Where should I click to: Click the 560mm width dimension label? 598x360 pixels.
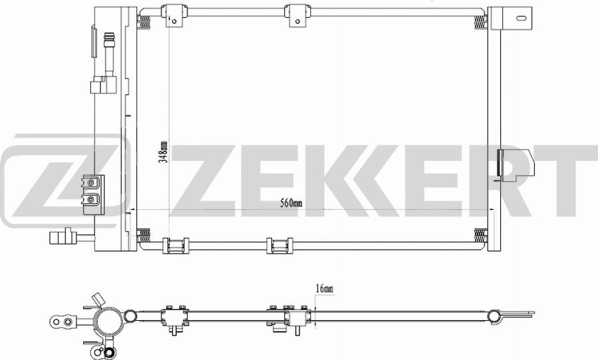[x=291, y=203]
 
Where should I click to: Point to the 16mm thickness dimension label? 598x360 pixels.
[x=324, y=288]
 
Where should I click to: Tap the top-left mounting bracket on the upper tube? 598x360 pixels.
[x=173, y=13]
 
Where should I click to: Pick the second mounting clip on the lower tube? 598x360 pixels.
[x=278, y=245]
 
